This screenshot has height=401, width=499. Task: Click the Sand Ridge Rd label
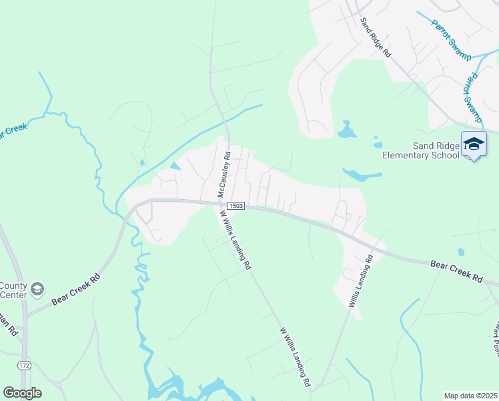coord(376,39)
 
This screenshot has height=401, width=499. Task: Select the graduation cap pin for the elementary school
coord(474,144)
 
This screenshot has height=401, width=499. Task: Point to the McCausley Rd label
coord(224,174)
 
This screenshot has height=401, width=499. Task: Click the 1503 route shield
coord(235,206)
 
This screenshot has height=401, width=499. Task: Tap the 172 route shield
coord(24,366)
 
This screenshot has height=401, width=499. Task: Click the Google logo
coord(22,393)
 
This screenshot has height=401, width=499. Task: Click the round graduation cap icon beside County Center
coord(37,288)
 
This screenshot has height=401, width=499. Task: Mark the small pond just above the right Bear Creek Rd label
coord(460,252)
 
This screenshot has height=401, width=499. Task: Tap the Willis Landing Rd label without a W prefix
coord(360,280)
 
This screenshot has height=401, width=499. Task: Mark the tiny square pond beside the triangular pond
coord(142,162)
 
